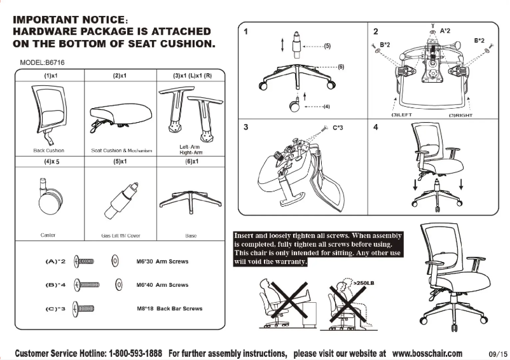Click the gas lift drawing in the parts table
(x=120, y=200)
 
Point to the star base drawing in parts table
(x=190, y=200)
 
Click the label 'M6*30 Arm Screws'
(x=162, y=261)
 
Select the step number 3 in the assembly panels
(x=245, y=127)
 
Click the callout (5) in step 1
(x=327, y=46)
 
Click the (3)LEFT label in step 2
(x=403, y=115)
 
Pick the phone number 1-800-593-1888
(x=135, y=353)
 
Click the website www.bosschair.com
(x=427, y=353)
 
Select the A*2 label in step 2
(x=445, y=30)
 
